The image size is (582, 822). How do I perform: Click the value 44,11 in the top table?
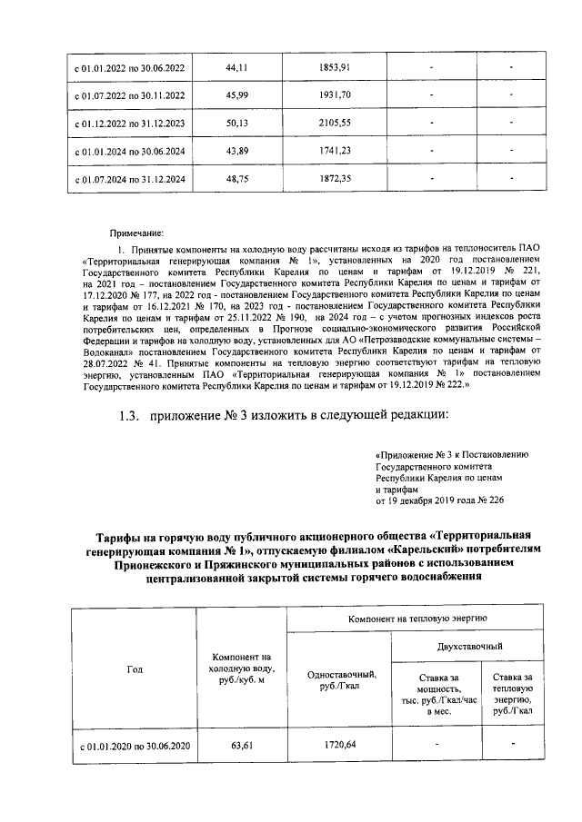pyautogui.click(x=237, y=68)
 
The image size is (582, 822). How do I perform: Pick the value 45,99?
pyautogui.click(x=237, y=95)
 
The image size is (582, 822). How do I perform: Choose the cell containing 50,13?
pyautogui.click(x=237, y=124)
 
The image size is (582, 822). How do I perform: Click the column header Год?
pyautogui.click(x=133, y=668)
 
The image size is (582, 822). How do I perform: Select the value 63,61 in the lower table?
pyautogui.click(x=241, y=746)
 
